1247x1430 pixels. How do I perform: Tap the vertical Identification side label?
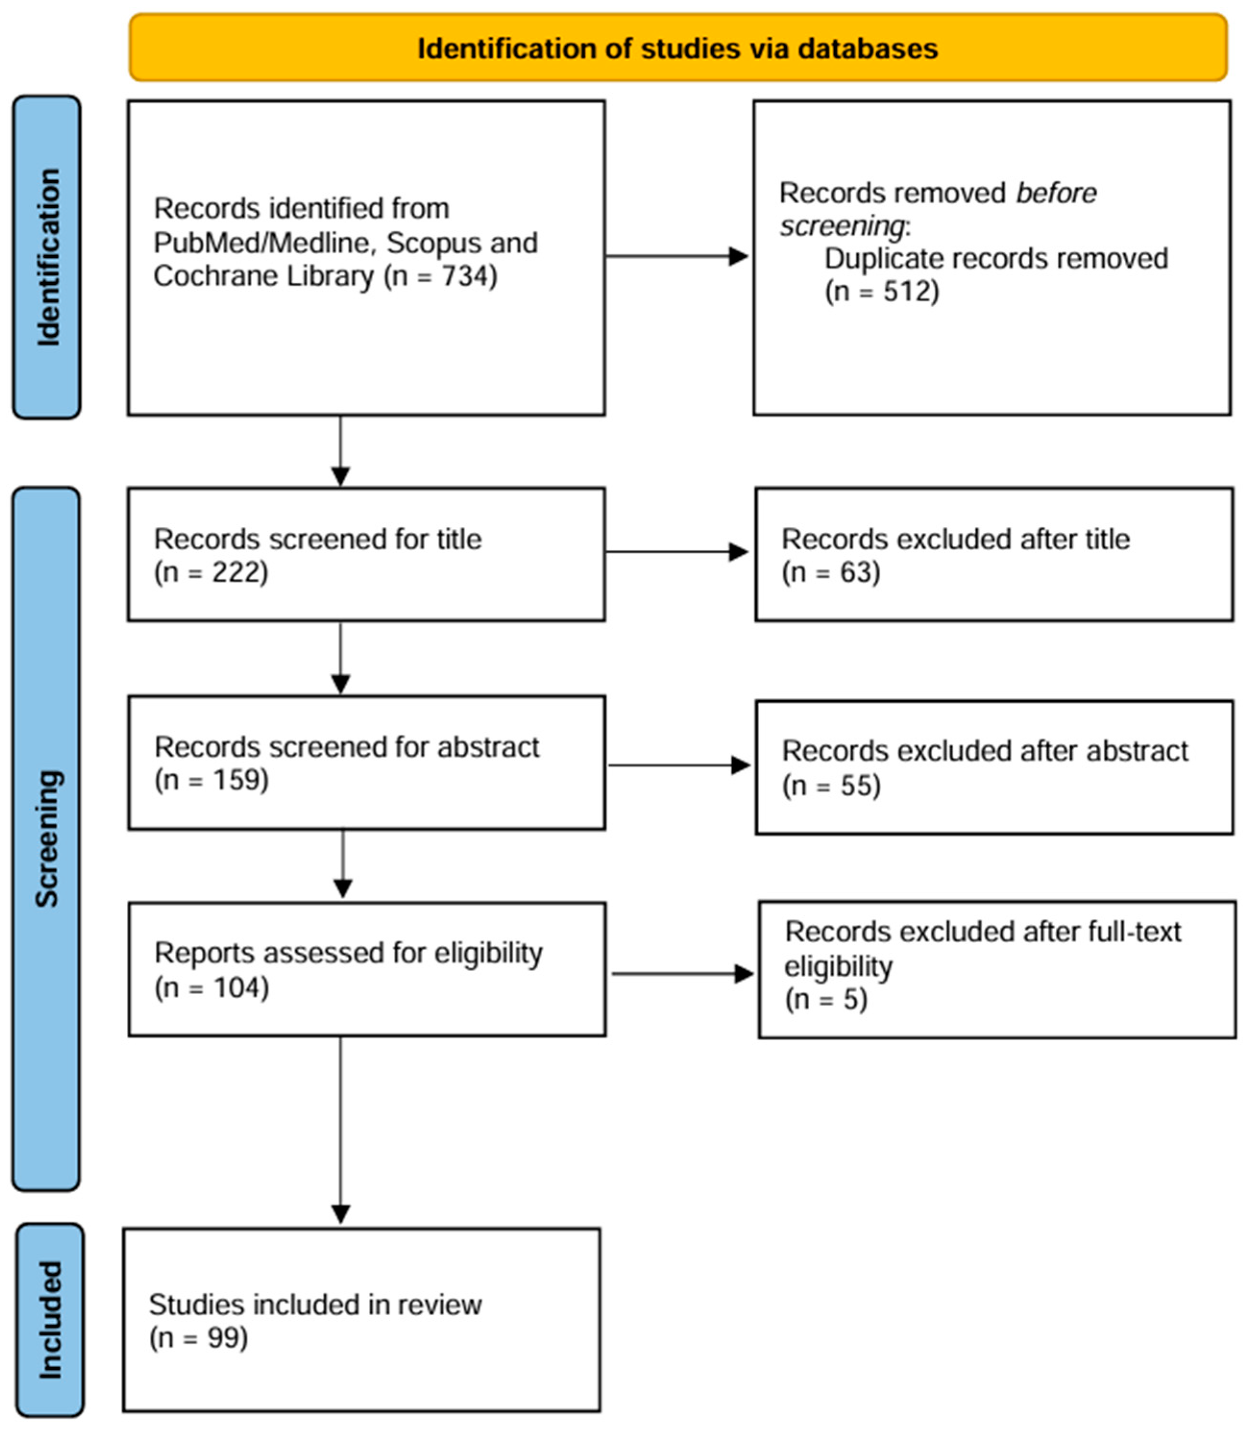click(48, 257)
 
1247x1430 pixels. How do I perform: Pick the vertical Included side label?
click(49, 1319)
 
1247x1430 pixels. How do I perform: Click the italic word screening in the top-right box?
click(842, 225)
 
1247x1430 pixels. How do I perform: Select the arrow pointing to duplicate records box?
click(677, 256)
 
